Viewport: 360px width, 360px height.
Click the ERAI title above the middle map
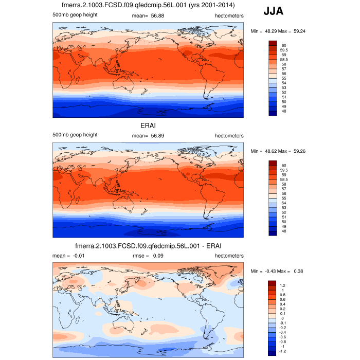point(148,125)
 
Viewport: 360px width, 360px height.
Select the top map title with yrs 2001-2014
point(148,5)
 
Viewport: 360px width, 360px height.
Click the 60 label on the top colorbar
point(284,45)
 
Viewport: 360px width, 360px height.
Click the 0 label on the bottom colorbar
point(282,318)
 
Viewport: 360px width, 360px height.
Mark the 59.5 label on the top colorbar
point(285,50)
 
